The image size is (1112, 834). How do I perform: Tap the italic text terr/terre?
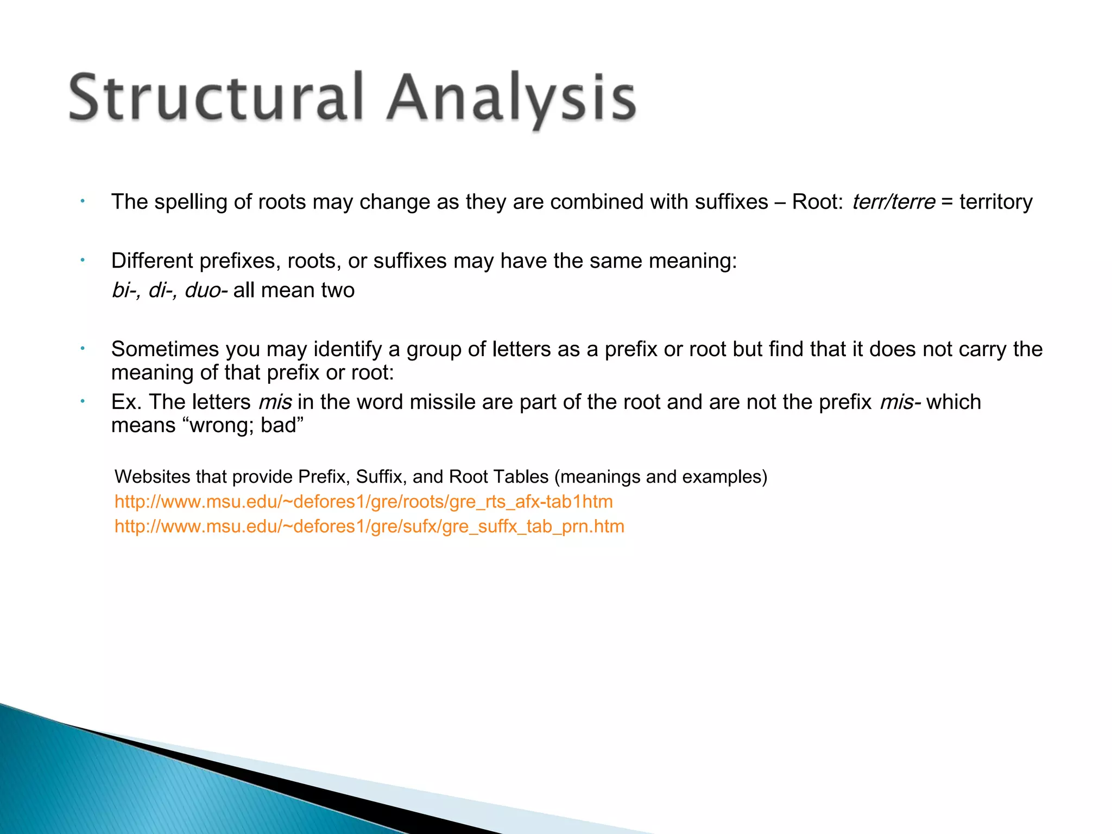click(893, 202)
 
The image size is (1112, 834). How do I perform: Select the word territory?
click(996, 202)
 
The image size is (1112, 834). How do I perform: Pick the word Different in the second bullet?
click(152, 261)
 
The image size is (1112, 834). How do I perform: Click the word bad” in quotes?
click(282, 425)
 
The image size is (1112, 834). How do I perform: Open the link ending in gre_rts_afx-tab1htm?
click(363, 502)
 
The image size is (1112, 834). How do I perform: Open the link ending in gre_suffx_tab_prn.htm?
click(369, 527)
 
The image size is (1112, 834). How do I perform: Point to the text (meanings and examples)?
click(661, 477)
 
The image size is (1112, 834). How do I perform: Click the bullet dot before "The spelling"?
click(83, 202)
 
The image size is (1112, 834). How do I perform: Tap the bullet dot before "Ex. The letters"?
click(83, 402)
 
